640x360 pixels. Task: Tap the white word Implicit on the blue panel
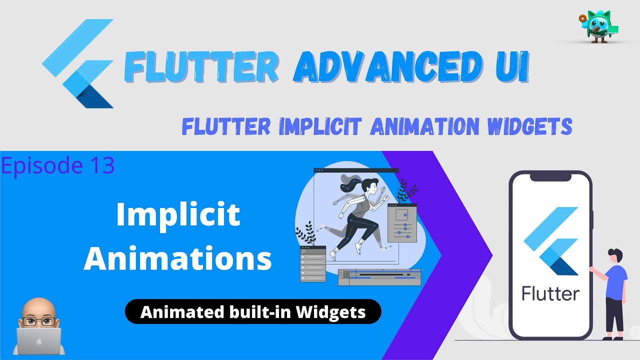178,215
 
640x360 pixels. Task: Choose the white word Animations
178,259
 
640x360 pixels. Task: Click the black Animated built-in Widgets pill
252,312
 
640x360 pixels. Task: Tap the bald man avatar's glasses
39,320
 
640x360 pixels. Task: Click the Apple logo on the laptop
39,341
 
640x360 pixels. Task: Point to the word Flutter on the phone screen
551,293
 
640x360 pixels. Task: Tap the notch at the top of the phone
550,176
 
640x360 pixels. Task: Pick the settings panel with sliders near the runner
401,223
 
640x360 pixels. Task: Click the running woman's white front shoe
358,248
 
